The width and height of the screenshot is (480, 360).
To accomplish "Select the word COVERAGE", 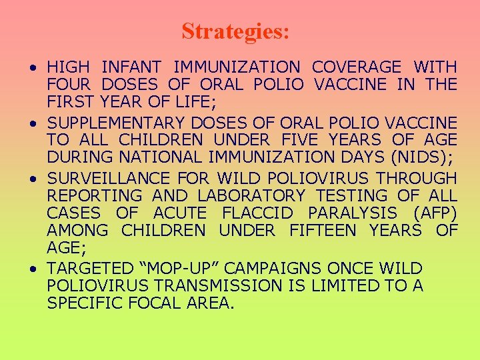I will tap(357, 67).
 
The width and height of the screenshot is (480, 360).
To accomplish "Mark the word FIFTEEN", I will tap(317, 231).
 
